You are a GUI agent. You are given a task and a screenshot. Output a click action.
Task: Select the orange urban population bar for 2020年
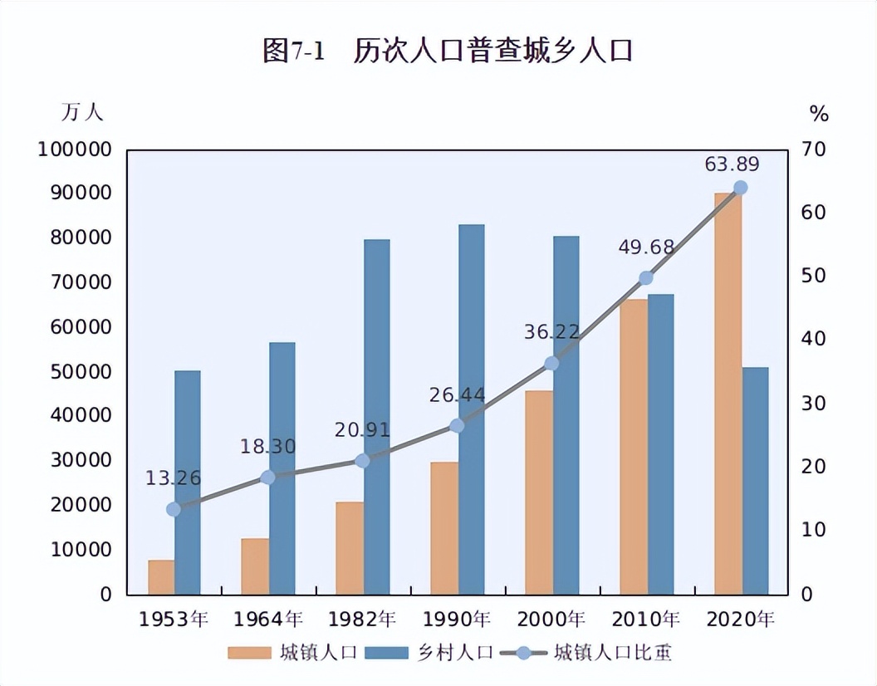click(728, 394)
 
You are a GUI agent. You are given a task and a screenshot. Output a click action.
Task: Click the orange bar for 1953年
click(161, 577)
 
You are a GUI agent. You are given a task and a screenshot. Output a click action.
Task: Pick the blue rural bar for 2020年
click(755, 481)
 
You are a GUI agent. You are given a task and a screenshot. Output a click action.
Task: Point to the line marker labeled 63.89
click(741, 188)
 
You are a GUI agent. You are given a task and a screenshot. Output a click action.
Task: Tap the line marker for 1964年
click(267, 478)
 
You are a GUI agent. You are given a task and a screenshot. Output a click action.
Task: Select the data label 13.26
click(173, 478)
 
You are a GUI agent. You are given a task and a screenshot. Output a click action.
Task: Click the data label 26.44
click(457, 395)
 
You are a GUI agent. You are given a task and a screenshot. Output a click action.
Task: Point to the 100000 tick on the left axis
click(74, 149)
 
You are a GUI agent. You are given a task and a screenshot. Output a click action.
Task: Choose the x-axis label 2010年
click(646, 620)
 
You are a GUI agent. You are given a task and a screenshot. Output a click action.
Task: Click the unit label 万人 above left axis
click(82, 112)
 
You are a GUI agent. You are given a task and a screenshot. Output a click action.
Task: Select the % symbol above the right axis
click(819, 115)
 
